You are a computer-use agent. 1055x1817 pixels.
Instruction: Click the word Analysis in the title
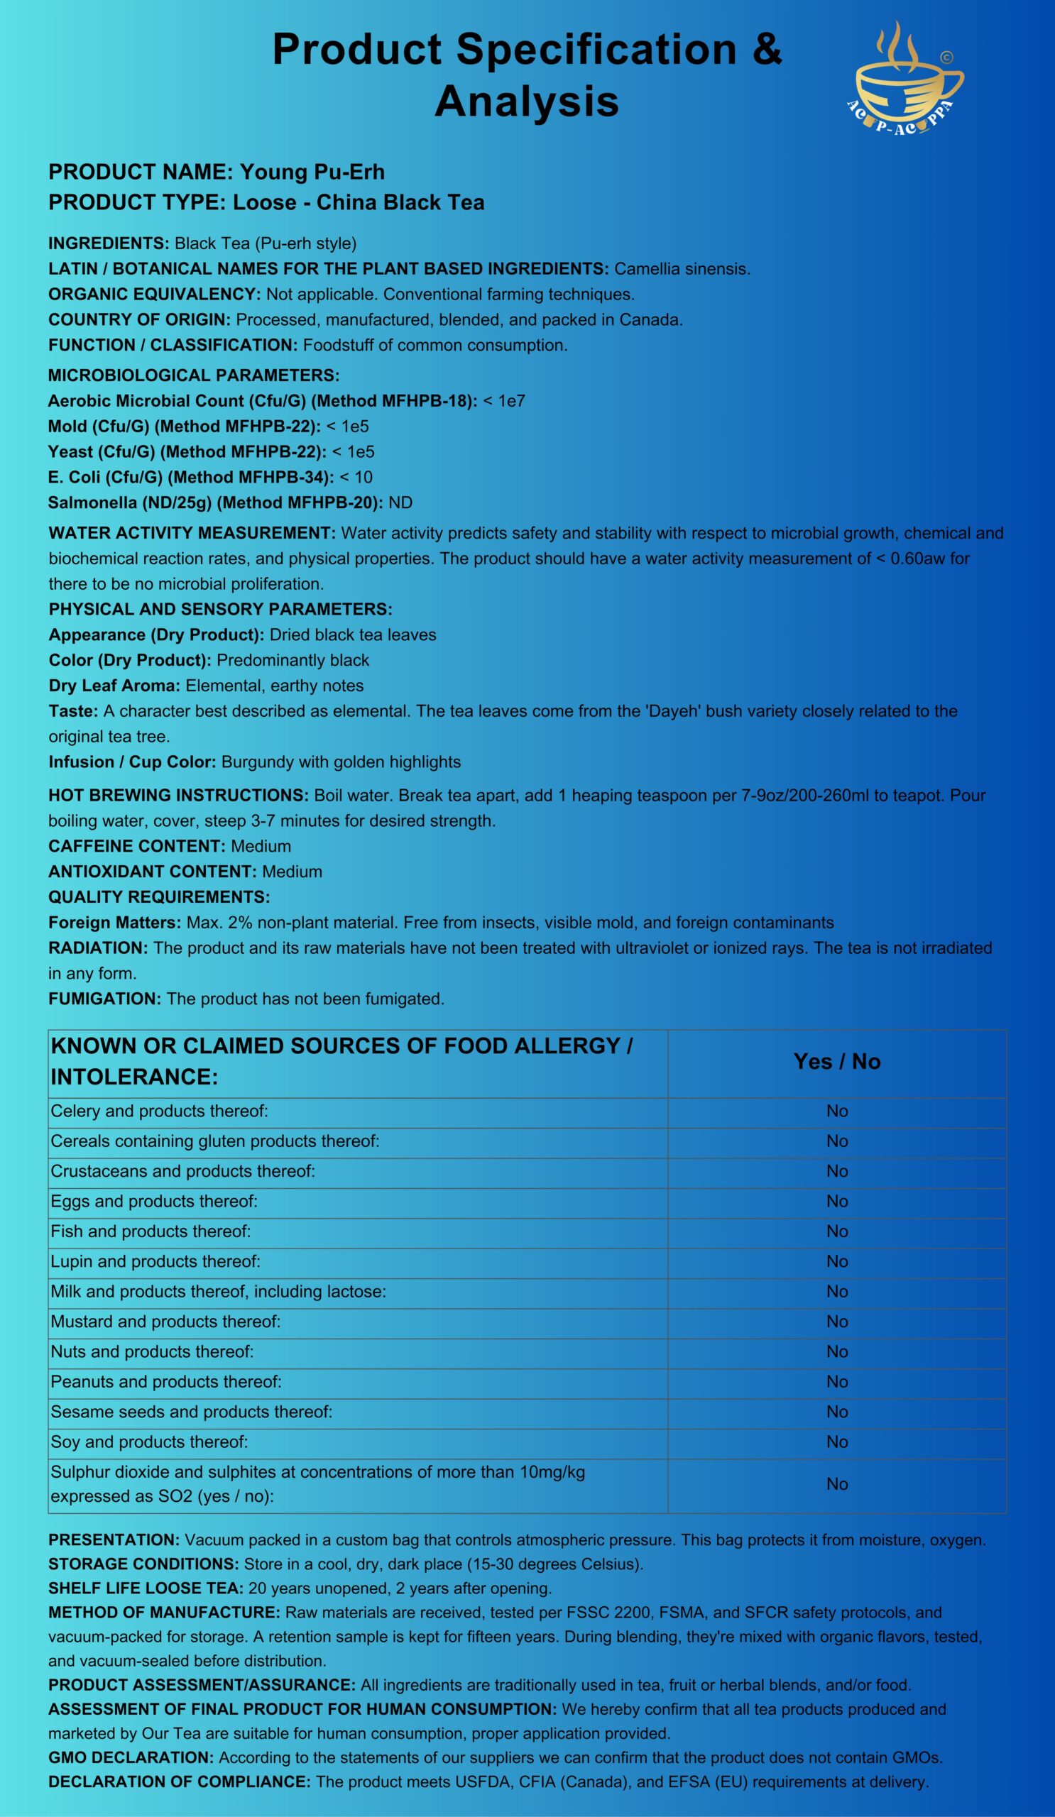[x=526, y=101]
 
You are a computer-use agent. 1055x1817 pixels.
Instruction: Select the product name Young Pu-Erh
[x=312, y=172]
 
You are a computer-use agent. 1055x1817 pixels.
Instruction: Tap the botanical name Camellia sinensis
[x=682, y=269]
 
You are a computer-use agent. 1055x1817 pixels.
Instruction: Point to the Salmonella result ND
[x=400, y=503]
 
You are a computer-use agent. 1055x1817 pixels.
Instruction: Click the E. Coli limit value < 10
[x=356, y=478]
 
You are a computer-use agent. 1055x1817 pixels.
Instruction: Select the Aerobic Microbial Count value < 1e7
[x=504, y=401]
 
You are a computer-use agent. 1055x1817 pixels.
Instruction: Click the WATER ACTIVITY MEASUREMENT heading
[x=192, y=533]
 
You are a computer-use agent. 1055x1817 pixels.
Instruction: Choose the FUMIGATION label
[x=104, y=999]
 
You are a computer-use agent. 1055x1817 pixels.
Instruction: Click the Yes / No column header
[x=836, y=1061]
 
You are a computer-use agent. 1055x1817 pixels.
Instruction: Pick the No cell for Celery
[x=836, y=1111]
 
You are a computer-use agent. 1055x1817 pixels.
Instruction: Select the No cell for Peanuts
[x=836, y=1381]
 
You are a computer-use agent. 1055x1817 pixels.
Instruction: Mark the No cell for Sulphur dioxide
[x=836, y=1484]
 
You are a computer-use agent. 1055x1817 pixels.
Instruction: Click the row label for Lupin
[x=155, y=1261]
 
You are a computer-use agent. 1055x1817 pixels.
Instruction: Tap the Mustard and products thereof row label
[x=165, y=1322]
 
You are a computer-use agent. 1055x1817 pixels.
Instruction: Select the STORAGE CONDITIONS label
[x=143, y=1564]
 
